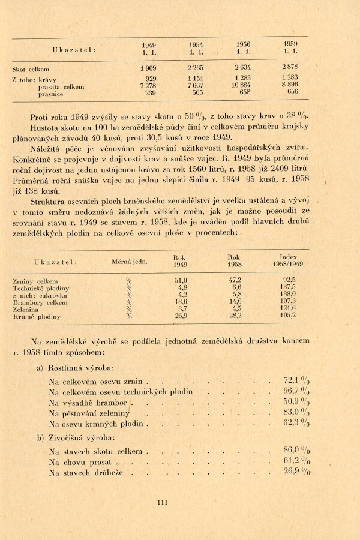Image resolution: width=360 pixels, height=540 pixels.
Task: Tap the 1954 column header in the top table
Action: (x=196, y=48)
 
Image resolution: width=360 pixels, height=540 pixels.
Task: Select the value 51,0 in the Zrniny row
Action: (x=181, y=281)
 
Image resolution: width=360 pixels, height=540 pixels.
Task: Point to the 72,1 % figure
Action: (x=296, y=380)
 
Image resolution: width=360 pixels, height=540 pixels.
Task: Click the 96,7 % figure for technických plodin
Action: (x=296, y=391)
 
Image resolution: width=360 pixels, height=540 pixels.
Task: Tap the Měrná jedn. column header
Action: (x=130, y=261)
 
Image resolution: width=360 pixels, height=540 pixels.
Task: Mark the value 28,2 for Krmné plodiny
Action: (x=235, y=316)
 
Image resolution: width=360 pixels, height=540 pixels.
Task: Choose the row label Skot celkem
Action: (x=31, y=69)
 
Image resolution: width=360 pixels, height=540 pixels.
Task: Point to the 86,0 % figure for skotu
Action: (x=296, y=449)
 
